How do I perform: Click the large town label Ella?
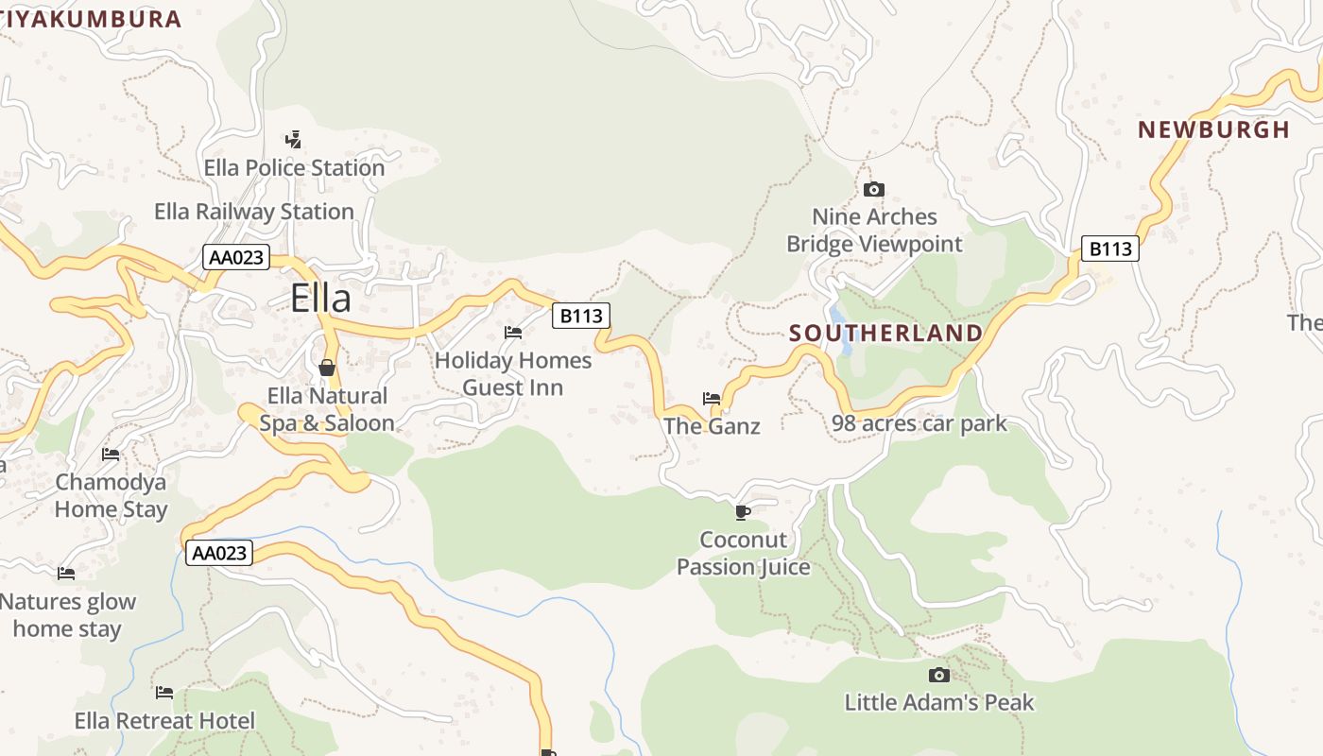point(320,298)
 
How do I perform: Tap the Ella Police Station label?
point(294,168)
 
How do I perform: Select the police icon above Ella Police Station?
point(294,140)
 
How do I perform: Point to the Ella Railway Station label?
point(254,212)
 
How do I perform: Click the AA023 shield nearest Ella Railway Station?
point(235,257)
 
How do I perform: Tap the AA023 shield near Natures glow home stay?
point(219,553)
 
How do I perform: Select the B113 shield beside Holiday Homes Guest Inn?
point(580,316)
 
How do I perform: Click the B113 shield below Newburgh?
point(1109,249)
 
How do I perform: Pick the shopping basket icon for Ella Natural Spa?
point(327,367)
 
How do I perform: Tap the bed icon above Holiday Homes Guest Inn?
point(513,332)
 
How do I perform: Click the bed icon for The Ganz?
point(712,398)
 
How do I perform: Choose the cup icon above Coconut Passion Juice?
point(743,512)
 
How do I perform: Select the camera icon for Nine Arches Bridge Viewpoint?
point(874,189)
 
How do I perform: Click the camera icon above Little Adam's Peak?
point(938,675)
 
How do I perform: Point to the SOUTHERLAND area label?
point(885,333)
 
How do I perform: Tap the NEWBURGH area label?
point(1213,129)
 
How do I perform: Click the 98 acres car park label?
point(919,423)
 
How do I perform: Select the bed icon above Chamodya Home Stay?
point(111,454)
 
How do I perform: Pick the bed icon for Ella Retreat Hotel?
point(164,692)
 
